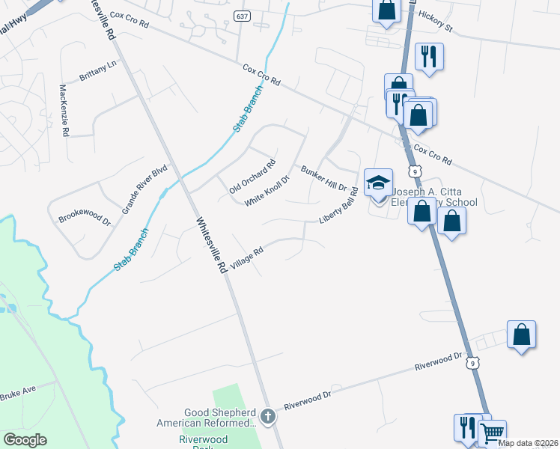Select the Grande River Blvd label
click(144, 191)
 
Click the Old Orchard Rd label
click(252, 177)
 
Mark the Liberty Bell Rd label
click(339, 204)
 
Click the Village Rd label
click(248, 260)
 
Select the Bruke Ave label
click(18, 393)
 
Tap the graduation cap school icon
click(378, 182)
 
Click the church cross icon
click(269, 415)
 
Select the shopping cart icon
click(492, 432)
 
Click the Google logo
click(25, 439)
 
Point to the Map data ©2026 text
click(528, 443)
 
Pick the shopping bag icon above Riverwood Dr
click(521, 334)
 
